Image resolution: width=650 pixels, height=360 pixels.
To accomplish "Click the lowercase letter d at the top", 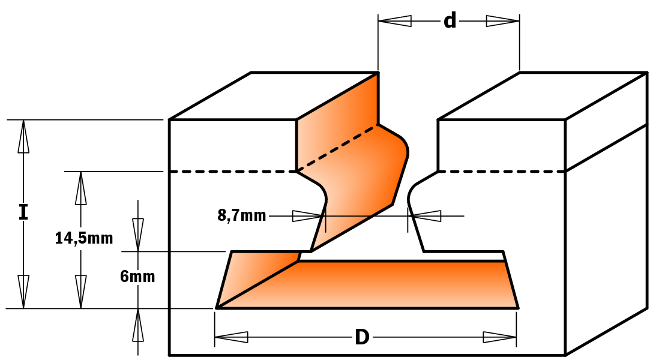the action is (450, 20).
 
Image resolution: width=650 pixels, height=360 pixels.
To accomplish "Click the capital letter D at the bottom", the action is (362, 337).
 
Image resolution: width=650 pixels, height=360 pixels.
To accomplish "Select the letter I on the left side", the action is (23, 212).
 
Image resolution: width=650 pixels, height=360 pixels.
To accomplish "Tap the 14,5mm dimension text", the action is (84, 238).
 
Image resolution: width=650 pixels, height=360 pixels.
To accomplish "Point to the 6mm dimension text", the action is (137, 277).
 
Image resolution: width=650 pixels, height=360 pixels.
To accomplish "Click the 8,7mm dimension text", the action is (242, 215).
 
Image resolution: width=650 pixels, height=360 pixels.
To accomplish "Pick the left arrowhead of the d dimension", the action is (395, 21).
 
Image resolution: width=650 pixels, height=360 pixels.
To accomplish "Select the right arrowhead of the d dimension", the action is (503, 21).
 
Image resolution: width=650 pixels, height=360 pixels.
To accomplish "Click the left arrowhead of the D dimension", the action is (231, 337).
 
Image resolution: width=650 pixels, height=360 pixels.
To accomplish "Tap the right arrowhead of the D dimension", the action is (500, 337).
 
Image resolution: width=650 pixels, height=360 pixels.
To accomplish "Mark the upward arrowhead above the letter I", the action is (23, 137).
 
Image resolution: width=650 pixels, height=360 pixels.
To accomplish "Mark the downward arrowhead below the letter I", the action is (23, 292).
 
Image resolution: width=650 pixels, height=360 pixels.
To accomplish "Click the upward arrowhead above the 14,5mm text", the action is (81, 188).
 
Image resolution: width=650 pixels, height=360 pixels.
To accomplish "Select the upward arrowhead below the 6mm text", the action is (138, 325).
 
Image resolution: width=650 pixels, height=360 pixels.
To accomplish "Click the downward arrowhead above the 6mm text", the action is (138, 235).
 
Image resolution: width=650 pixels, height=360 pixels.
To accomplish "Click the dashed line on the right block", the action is (502, 171).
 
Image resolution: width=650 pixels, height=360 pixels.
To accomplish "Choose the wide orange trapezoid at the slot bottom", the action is (367, 284).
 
